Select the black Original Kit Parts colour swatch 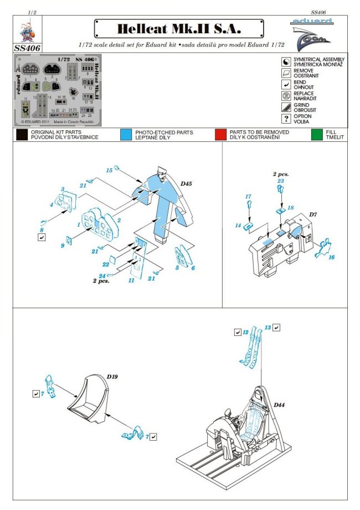[x=22, y=134]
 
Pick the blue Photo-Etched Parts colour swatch [x=126, y=134]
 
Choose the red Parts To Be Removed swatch [x=221, y=134]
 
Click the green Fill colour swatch [x=317, y=134]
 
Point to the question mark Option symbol [x=286, y=118]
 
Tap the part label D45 [x=184, y=183]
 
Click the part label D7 [x=313, y=215]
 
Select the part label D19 [x=112, y=376]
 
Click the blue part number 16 [x=332, y=258]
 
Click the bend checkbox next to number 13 [x=277, y=328]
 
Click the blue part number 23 [x=281, y=181]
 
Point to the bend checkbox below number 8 [x=42, y=237]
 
